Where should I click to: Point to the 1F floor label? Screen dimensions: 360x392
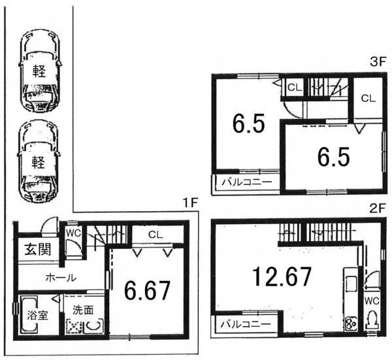click(189, 203)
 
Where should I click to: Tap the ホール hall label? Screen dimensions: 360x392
click(60, 278)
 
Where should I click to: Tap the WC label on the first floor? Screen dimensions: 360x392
click(72, 231)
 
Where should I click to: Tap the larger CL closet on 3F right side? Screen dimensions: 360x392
click(368, 99)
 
